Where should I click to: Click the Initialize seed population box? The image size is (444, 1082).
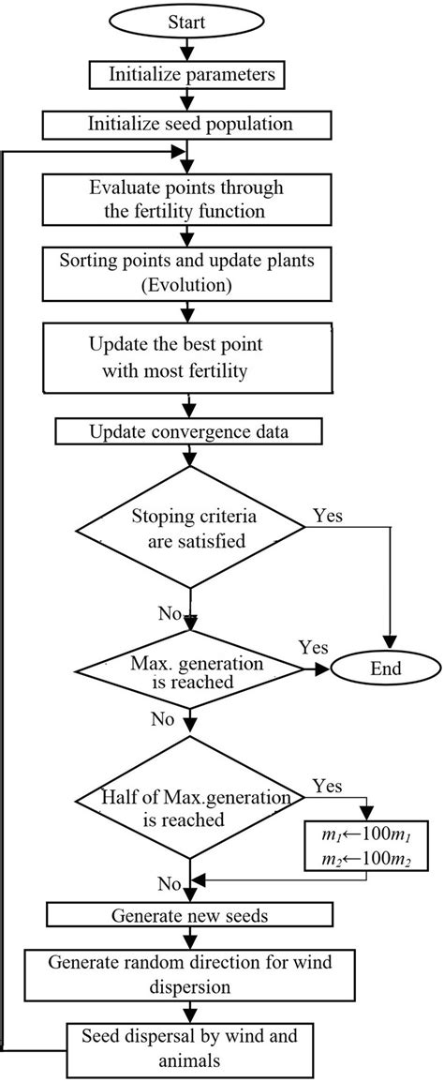191,124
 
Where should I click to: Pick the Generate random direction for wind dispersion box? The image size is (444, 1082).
191,971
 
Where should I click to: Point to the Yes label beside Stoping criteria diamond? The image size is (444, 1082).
327,515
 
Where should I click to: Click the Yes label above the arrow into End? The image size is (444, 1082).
313,647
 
